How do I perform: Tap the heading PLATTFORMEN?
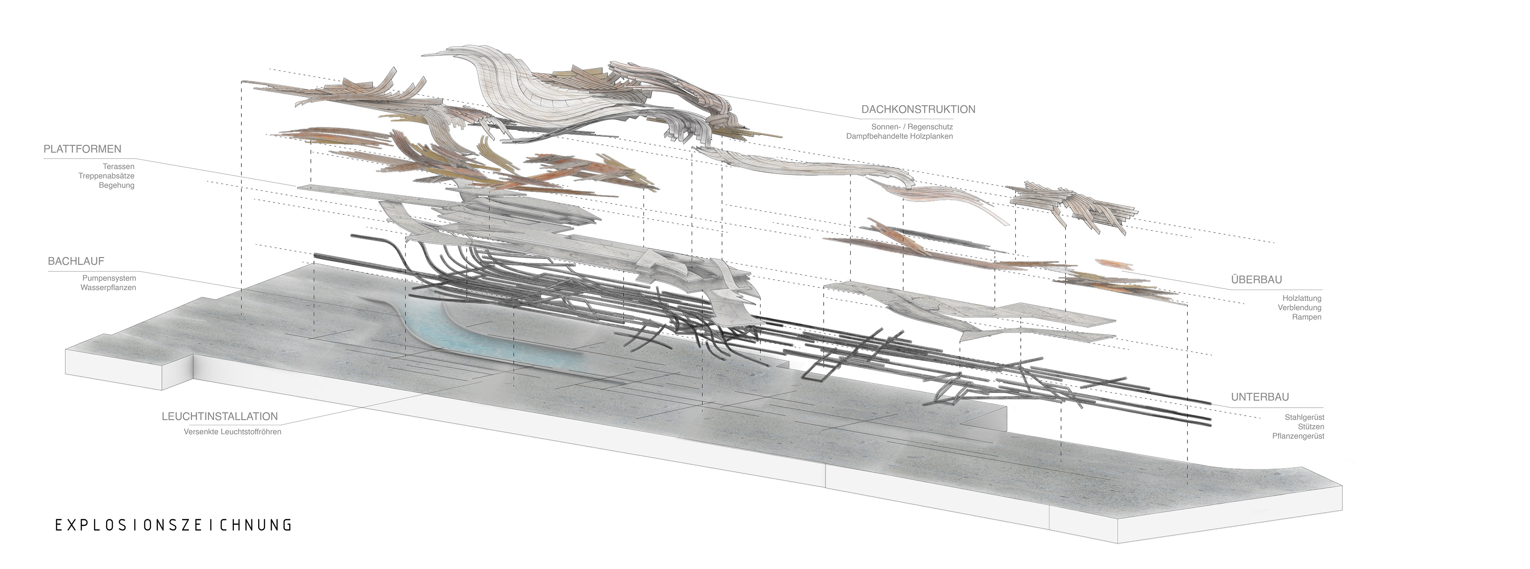point(82,149)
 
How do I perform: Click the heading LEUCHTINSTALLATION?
point(220,417)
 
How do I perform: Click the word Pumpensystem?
point(109,278)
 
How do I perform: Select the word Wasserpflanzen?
point(109,287)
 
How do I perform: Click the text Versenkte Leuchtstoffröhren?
point(232,432)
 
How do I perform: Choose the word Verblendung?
point(1300,308)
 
